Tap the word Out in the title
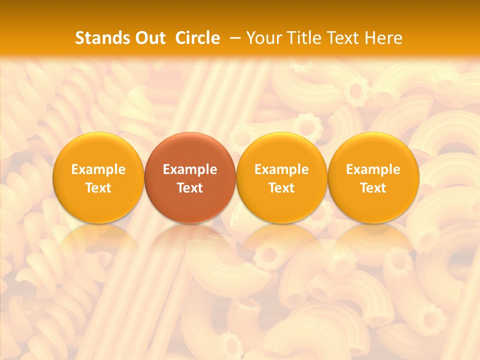(149, 38)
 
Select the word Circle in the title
(197, 38)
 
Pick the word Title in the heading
(301, 38)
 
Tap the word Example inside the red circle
(190, 169)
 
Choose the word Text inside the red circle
(190, 188)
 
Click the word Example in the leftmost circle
(98, 169)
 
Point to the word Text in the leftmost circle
(98, 188)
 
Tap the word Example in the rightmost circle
(373, 169)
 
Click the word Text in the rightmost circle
(373, 188)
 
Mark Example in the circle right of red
(281, 169)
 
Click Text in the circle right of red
(281, 188)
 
